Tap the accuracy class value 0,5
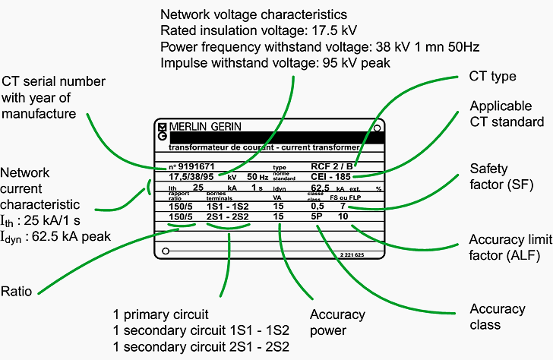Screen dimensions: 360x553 point(318,206)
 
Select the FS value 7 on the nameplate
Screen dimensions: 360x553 point(343,206)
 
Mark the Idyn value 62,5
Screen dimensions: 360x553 point(321,187)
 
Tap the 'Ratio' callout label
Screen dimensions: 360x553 point(17,270)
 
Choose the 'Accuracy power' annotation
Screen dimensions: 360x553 point(337,322)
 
